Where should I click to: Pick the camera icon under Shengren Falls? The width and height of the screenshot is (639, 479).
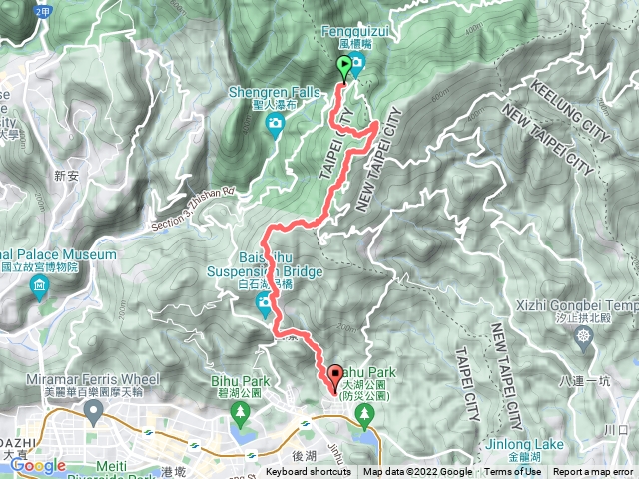[x=275, y=123]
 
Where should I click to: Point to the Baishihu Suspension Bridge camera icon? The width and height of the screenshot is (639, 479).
[x=264, y=302]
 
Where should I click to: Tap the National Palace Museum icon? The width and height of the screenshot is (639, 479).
[x=39, y=289]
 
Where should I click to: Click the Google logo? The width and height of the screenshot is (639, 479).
[x=38, y=465]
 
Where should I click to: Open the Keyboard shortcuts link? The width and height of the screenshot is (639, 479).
[x=309, y=472]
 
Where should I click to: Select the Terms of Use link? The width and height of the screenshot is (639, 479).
[x=513, y=472]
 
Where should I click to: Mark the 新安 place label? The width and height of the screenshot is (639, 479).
[x=66, y=174]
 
